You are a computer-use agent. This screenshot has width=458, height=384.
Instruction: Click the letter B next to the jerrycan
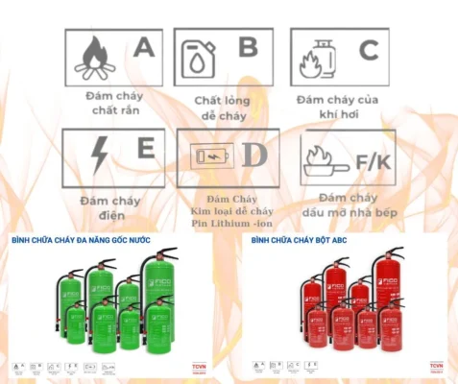[x=248, y=47]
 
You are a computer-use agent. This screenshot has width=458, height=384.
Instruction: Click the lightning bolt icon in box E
[x=100, y=154]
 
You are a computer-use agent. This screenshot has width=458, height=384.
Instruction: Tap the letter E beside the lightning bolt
[x=145, y=149]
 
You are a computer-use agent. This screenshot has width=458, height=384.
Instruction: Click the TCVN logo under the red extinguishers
[x=436, y=367]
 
